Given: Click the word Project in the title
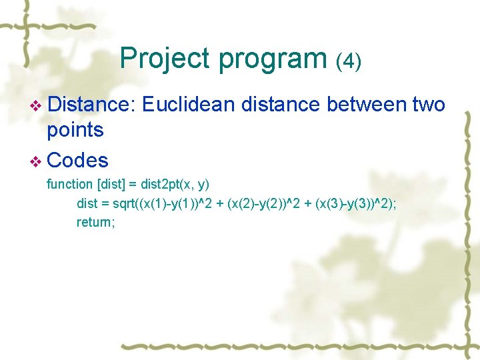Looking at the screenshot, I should click(165, 59).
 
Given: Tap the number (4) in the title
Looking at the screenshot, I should click(349, 61).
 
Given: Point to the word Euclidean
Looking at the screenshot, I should click(188, 105).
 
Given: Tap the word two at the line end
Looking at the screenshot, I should click(429, 105).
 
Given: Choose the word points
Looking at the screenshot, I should click(75, 130).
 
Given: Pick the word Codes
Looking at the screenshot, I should click(78, 161).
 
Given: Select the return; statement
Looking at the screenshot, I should click(96, 222).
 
